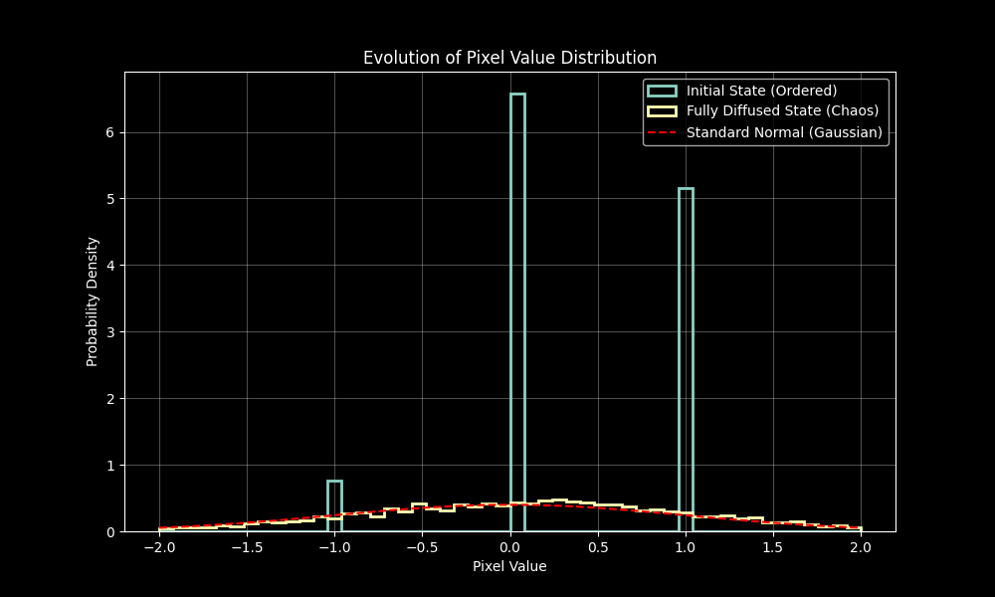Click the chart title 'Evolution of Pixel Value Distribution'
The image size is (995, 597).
pyautogui.click(x=509, y=58)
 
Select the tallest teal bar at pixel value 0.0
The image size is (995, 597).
pyautogui.click(x=517, y=298)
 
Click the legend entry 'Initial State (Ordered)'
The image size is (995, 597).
pyautogui.click(x=761, y=91)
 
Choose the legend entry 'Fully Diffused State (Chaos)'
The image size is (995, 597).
pyautogui.click(x=782, y=111)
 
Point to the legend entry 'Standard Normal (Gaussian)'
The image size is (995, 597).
pyautogui.click(x=784, y=132)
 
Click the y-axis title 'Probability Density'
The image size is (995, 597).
pyautogui.click(x=93, y=301)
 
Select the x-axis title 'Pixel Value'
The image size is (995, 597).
pyautogui.click(x=509, y=566)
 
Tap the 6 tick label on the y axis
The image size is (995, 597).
pyautogui.click(x=110, y=132)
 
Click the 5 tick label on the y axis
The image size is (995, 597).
pyautogui.click(x=110, y=199)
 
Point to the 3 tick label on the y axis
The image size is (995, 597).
pyautogui.click(x=110, y=332)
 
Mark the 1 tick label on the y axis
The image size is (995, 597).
pyautogui.click(x=110, y=466)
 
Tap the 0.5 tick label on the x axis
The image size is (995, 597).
pyautogui.click(x=598, y=547)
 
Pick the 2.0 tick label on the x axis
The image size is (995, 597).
pyautogui.click(x=861, y=547)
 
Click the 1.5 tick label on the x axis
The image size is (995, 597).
pyautogui.click(x=773, y=547)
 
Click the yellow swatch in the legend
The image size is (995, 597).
pyautogui.click(x=662, y=111)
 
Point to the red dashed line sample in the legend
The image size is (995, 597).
pyautogui.click(x=662, y=132)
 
